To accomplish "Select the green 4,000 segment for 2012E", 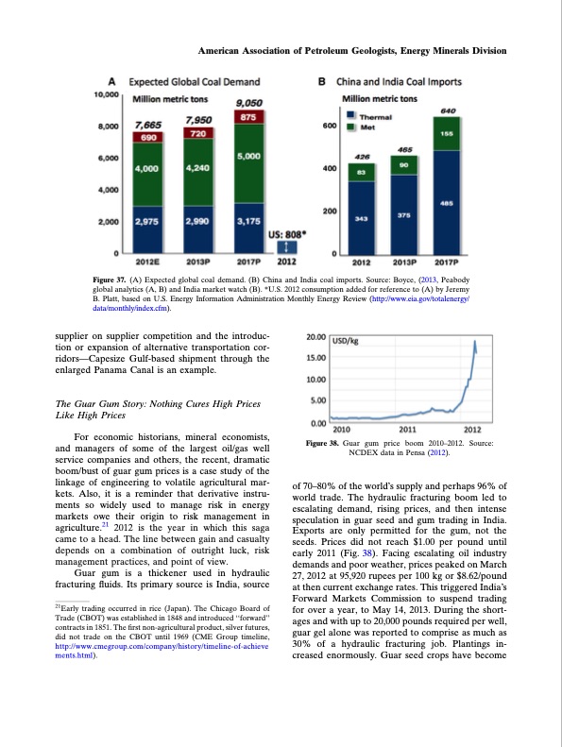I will coord(147,170).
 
